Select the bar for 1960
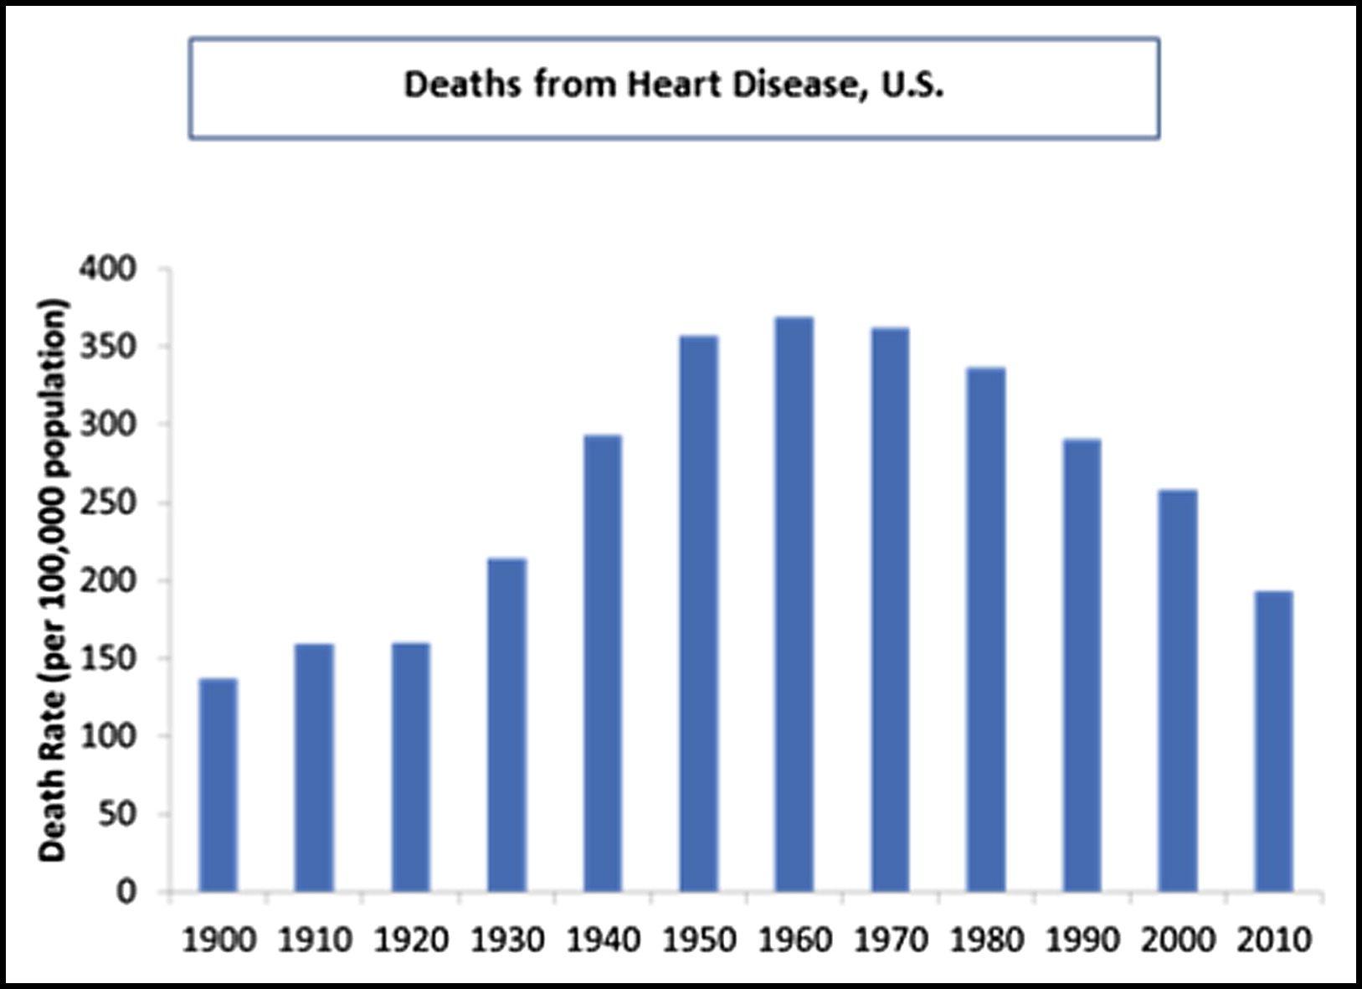pyautogui.click(x=794, y=604)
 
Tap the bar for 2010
pyautogui.click(x=1273, y=741)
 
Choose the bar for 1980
pyautogui.click(x=985, y=629)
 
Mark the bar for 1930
pyautogui.click(x=506, y=724)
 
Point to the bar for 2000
pyautogui.click(x=1177, y=690)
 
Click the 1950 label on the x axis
pyautogui.click(x=699, y=940)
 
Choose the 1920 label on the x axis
pyautogui.click(x=410, y=940)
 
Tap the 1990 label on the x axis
pyautogui.click(x=1082, y=940)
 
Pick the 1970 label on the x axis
pyautogui.click(x=891, y=940)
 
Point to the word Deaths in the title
pyautogui.click(x=461, y=85)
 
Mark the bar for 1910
pyautogui.click(x=314, y=767)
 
